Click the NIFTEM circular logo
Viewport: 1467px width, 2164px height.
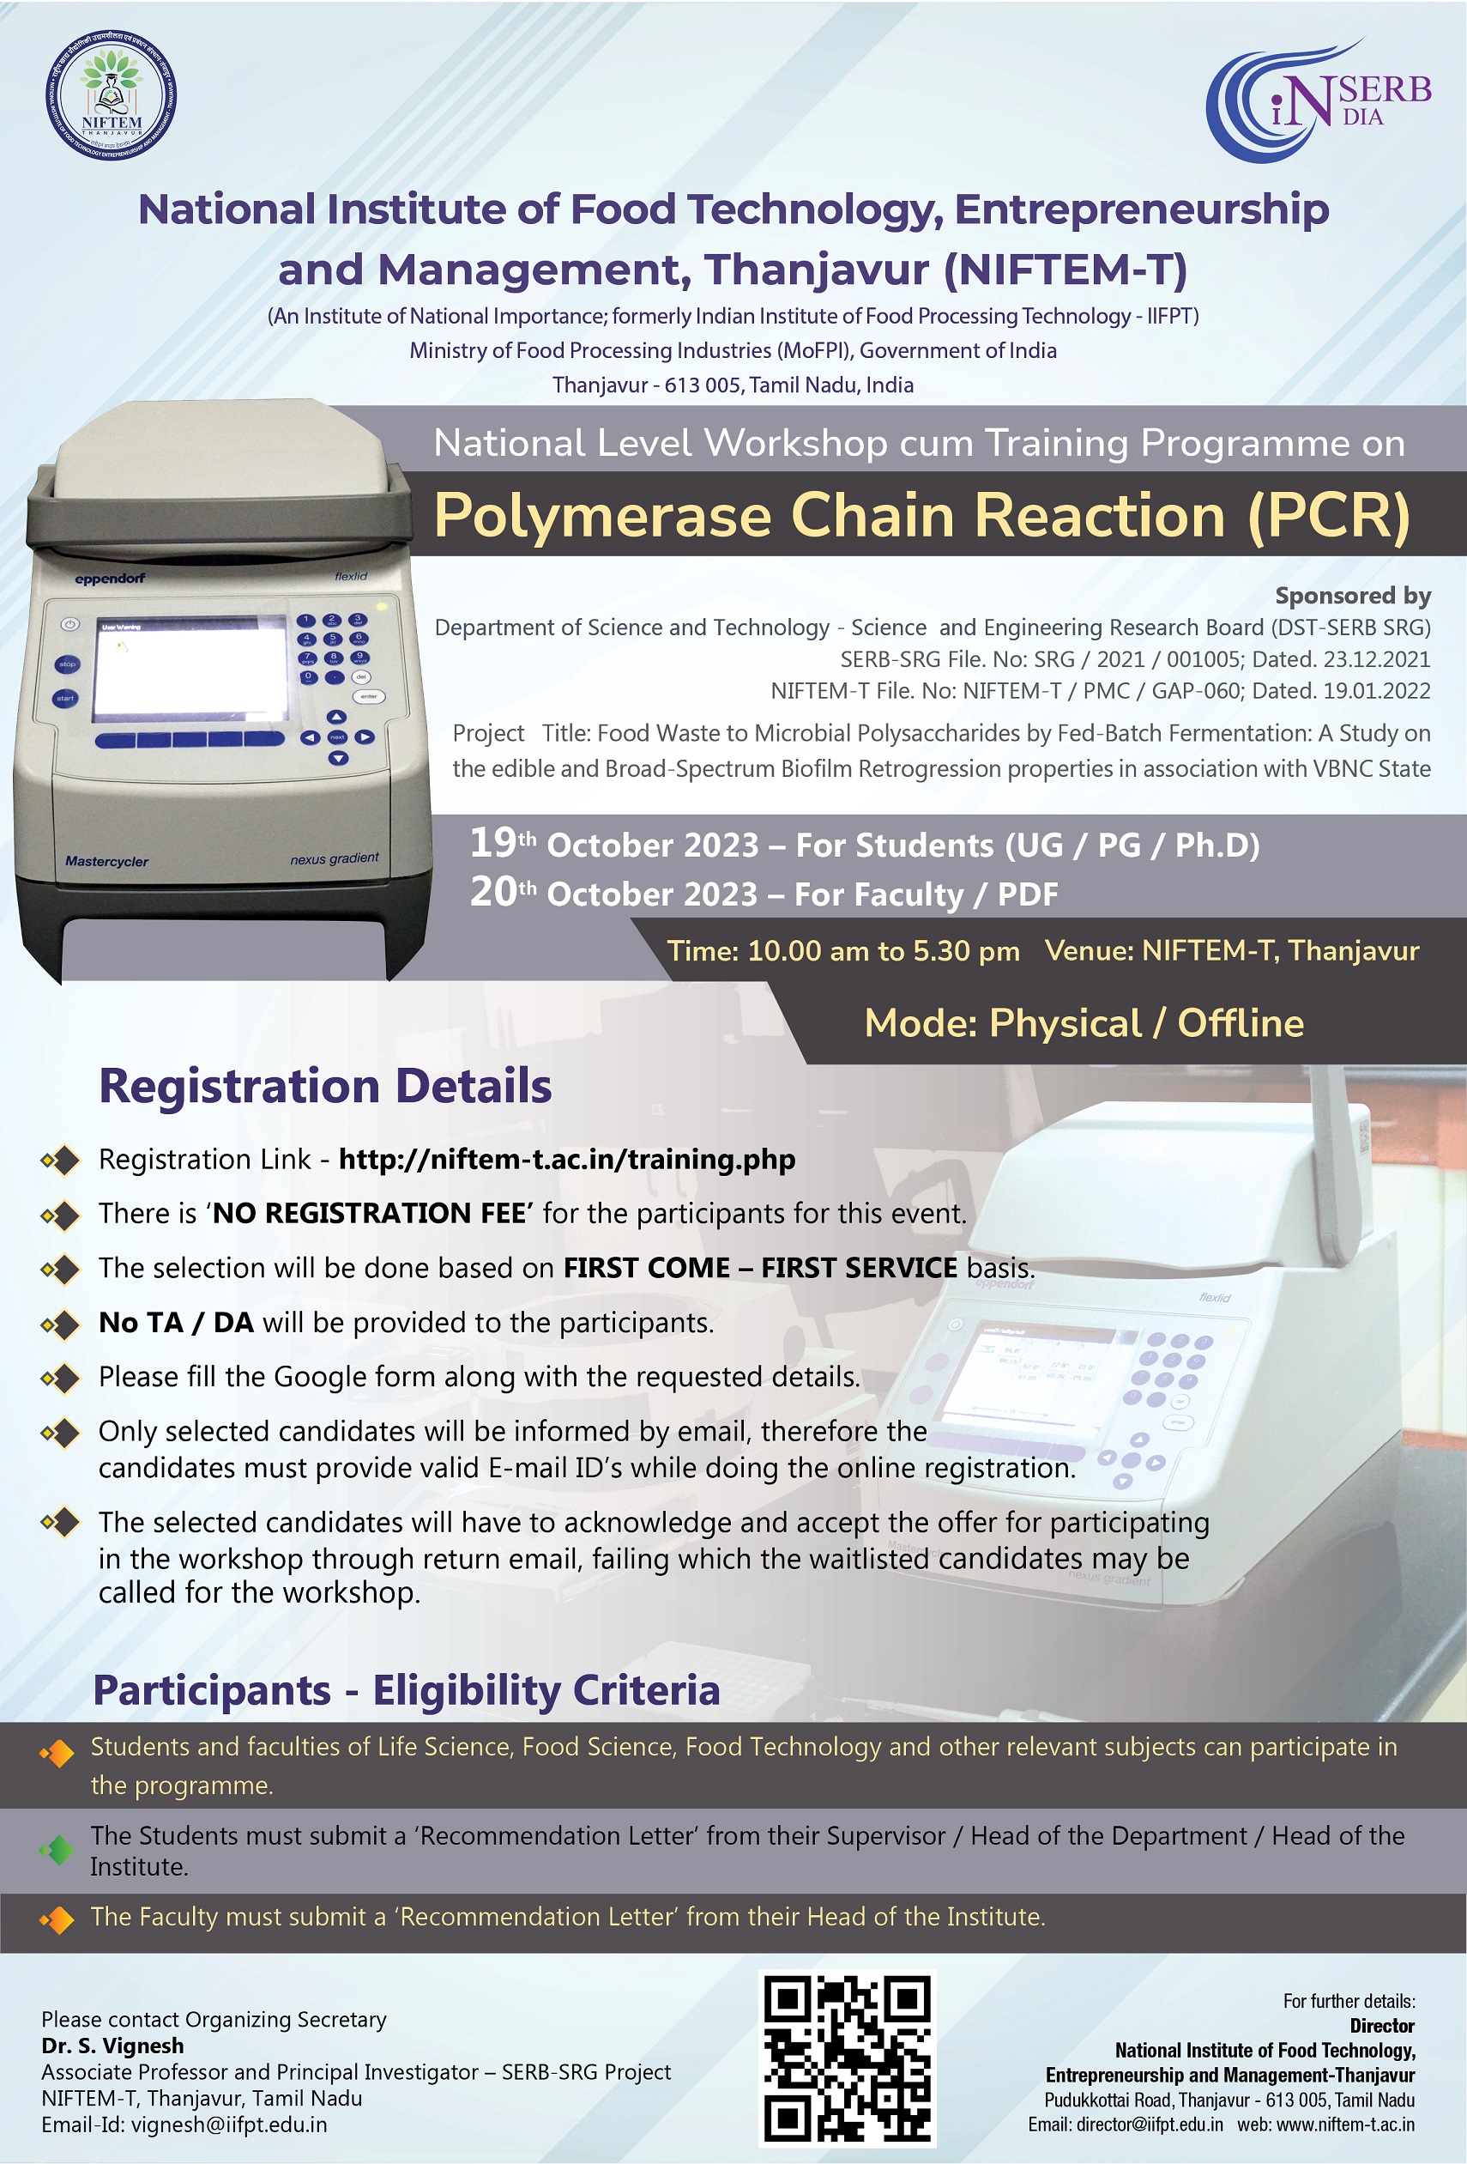click(x=111, y=95)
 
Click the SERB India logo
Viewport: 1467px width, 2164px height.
click(x=1318, y=100)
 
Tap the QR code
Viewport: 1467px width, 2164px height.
click(x=847, y=2058)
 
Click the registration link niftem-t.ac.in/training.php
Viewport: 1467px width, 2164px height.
click(x=567, y=1160)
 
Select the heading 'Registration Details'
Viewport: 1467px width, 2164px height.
click(x=325, y=1086)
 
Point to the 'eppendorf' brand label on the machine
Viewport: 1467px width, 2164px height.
click(x=110, y=579)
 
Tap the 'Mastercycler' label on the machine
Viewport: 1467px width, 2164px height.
click(x=106, y=861)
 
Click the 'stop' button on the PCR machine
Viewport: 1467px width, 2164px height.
click(x=67, y=664)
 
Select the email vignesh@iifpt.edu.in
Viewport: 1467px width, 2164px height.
click(x=229, y=2125)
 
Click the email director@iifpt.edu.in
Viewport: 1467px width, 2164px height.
click(x=1150, y=2125)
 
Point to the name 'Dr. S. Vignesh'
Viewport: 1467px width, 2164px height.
click(x=112, y=2046)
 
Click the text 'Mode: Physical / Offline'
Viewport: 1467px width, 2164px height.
click(x=1084, y=1023)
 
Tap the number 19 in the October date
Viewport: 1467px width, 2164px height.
click(x=492, y=843)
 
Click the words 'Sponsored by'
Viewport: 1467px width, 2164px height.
click(x=1353, y=596)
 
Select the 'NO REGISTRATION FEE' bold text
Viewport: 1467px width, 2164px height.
click(x=370, y=1213)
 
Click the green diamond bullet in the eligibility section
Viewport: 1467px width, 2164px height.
click(x=57, y=1850)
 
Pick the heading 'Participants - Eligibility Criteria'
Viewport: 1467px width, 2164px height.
click(x=407, y=1690)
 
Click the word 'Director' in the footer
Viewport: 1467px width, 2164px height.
click(x=1382, y=2026)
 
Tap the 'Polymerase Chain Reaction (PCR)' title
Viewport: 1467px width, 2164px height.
click(x=922, y=515)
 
